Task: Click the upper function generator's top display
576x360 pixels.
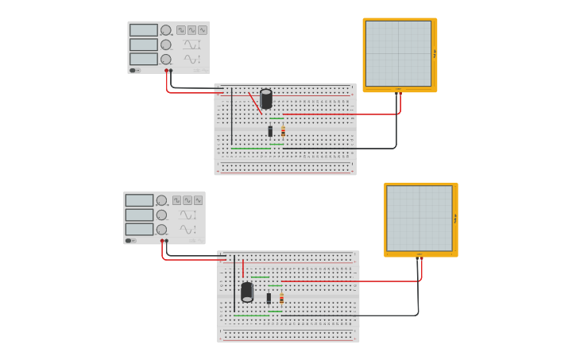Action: click(x=144, y=30)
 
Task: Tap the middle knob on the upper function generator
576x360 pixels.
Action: click(x=166, y=45)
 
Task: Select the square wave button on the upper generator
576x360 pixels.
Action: click(x=180, y=30)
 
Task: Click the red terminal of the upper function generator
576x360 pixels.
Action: click(x=167, y=72)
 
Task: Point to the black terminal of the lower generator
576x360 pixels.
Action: click(x=167, y=241)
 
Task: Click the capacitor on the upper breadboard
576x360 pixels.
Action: click(x=266, y=99)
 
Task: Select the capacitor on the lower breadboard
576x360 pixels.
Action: click(x=247, y=292)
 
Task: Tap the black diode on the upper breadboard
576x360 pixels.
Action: click(x=270, y=131)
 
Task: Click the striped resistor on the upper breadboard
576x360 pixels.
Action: click(x=283, y=131)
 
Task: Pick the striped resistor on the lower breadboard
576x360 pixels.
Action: click(x=281, y=298)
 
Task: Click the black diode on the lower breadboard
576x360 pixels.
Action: click(x=269, y=298)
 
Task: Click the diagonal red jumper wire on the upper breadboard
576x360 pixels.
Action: click(x=255, y=103)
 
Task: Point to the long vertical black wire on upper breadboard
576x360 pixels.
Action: click(x=232, y=117)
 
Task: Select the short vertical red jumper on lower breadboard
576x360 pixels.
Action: click(x=243, y=268)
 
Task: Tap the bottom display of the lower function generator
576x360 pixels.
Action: click(x=139, y=229)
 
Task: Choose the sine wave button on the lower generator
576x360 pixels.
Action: click(x=198, y=200)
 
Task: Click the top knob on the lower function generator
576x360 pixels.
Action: click(x=161, y=200)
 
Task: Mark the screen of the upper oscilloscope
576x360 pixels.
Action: click(x=398, y=53)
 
